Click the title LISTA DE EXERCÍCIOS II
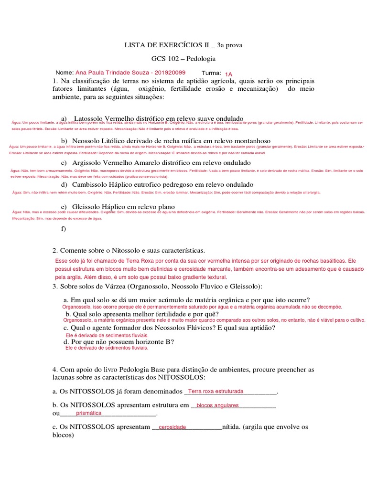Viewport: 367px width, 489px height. (x=167, y=45)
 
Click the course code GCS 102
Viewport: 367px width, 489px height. (x=165, y=59)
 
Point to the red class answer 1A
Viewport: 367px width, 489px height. (x=228, y=74)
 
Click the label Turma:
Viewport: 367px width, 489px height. (x=211, y=73)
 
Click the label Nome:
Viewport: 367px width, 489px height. (x=65, y=73)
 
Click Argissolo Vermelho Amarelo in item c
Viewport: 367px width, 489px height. (x=115, y=163)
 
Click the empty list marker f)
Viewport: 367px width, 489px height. (x=64, y=229)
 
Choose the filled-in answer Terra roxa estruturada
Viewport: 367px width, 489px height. (x=216, y=391)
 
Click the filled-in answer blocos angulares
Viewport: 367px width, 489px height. (x=217, y=405)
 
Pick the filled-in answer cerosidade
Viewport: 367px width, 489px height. (x=172, y=427)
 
